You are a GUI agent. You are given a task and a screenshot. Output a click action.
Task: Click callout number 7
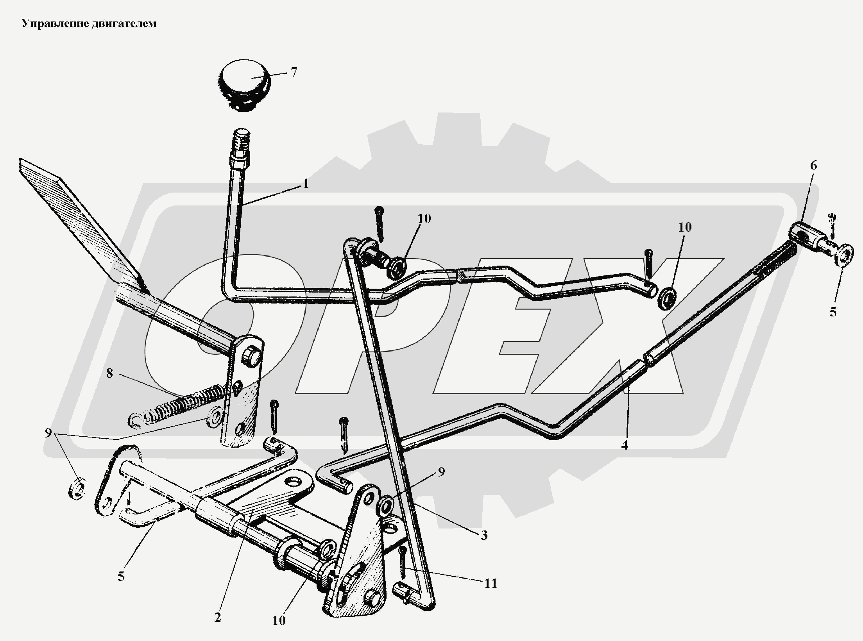294,72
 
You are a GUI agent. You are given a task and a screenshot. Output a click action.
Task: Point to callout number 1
306,184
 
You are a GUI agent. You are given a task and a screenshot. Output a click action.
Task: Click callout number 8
109,374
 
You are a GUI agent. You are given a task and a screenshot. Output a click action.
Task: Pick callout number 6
813,166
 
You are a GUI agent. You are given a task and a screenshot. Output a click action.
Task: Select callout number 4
624,445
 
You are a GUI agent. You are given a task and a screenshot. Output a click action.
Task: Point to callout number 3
484,535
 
